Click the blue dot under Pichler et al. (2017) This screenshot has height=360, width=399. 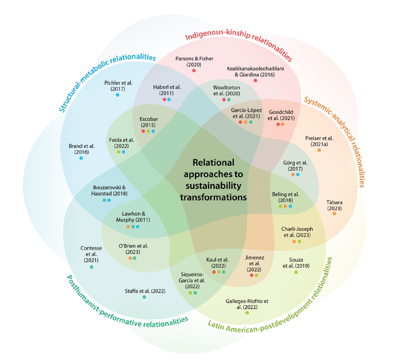point(118,95)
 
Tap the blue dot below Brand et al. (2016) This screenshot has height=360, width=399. point(81,158)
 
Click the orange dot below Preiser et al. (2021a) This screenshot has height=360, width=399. point(319,150)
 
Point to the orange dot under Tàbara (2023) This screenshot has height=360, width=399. point(334,214)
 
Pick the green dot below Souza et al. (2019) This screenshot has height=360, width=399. point(296,273)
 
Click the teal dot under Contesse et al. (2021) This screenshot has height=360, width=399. point(92,267)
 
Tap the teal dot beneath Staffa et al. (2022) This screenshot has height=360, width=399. point(145,297)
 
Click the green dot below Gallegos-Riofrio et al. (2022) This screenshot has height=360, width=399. point(247,313)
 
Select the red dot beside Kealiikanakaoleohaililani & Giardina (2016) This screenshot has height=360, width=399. point(255,81)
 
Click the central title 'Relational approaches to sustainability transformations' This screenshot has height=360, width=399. point(213,180)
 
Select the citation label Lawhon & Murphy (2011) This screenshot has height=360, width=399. point(133,217)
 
